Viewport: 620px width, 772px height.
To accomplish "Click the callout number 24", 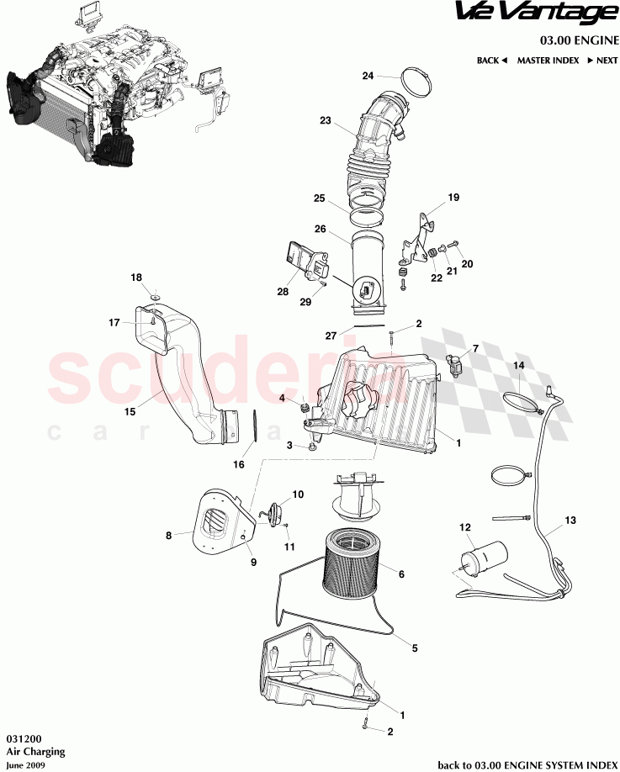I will click(368, 76).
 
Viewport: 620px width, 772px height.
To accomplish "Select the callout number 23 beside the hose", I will click(326, 121).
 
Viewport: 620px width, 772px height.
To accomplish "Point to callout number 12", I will click(464, 527).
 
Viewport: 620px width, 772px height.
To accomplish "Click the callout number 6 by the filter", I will click(401, 574).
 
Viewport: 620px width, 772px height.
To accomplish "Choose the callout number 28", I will click(282, 292).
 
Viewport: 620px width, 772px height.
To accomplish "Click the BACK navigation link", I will click(491, 61).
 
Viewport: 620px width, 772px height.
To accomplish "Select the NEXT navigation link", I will click(601, 61).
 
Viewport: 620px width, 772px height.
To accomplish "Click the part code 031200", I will click(20, 734).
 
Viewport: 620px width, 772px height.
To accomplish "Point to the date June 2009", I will click(23, 765).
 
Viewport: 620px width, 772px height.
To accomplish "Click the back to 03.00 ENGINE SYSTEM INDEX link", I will click(527, 764).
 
